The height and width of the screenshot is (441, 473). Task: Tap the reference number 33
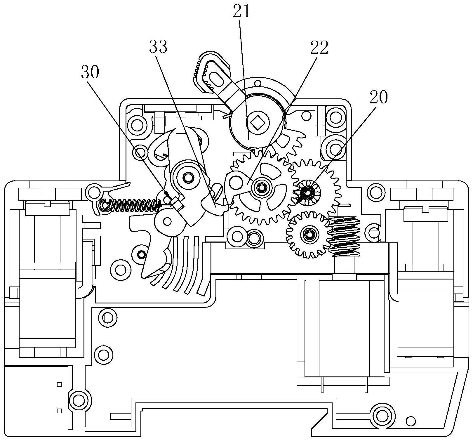coord(158,47)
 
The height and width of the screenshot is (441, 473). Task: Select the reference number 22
coord(319,48)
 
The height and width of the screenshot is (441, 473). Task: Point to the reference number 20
coord(378,97)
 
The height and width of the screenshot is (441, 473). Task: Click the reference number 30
coord(90,72)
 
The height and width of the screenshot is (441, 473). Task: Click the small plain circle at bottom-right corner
coord(411,421)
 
